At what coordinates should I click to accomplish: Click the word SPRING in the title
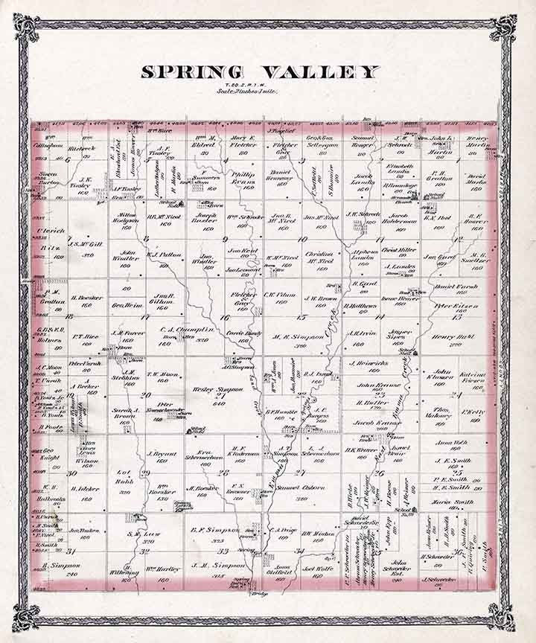(189, 73)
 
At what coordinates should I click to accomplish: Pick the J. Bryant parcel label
(161, 452)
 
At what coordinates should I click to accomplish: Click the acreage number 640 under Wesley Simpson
(220, 405)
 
